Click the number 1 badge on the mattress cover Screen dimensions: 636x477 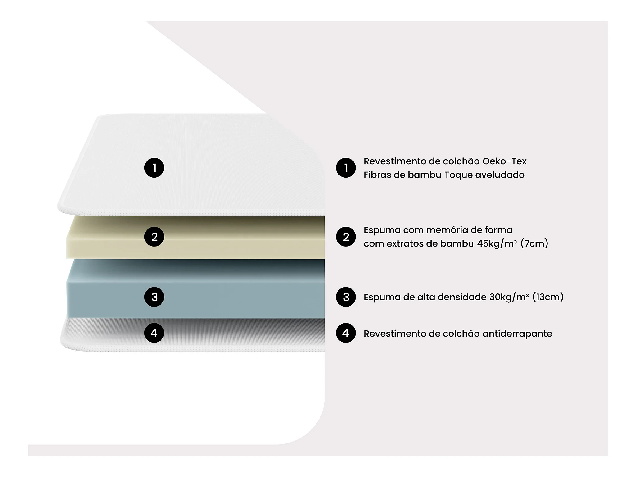(x=154, y=168)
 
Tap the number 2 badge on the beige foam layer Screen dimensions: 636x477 (x=154, y=237)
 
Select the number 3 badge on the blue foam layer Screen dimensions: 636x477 (x=154, y=297)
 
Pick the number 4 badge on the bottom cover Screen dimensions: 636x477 (x=154, y=333)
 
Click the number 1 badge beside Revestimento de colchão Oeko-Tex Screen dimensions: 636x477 (x=346, y=168)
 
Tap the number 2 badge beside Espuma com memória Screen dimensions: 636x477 (x=346, y=237)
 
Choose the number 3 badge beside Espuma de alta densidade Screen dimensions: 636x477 (x=346, y=297)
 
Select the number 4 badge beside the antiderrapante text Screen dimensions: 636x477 (x=346, y=333)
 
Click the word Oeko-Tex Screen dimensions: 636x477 (x=504, y=161)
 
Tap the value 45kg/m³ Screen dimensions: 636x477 (x=497, y=243)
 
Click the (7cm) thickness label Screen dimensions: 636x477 (x=534, y=243)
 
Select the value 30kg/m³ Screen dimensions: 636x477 (x=509, y=297)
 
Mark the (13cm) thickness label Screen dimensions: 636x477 (x=548, y=297)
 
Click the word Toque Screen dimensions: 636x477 (x=458, y=175)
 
